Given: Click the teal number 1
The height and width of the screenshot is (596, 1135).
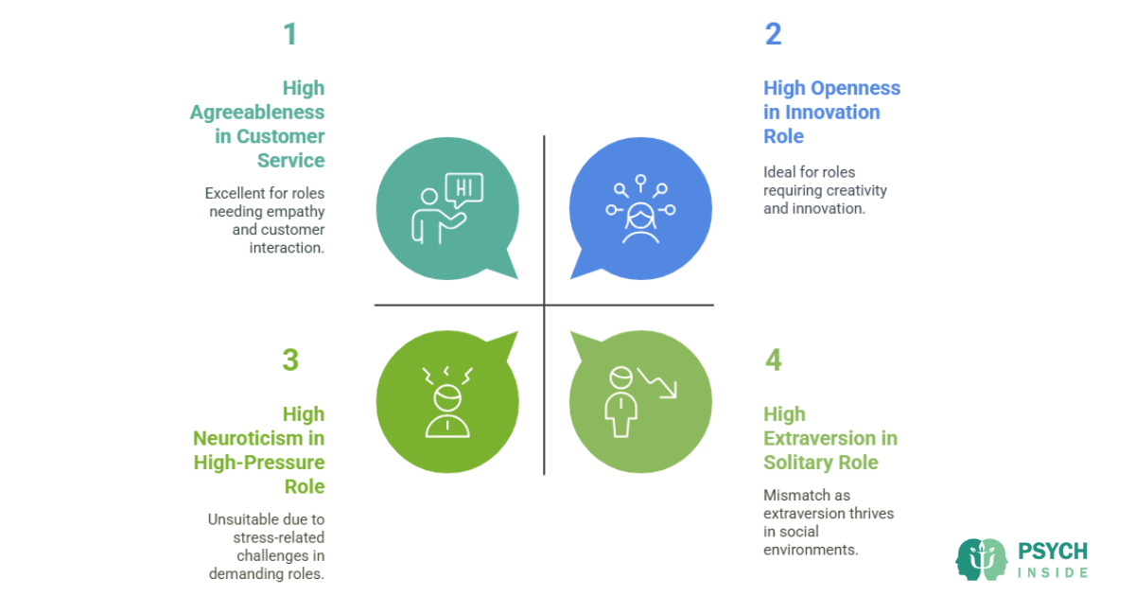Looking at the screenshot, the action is pyautogui.click(x=290, y=34).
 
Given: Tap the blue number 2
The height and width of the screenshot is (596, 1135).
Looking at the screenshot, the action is pyautogui.click(x=774, y=34).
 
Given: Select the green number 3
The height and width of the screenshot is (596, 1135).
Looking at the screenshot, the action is pyautogui.click(x=290, y=359).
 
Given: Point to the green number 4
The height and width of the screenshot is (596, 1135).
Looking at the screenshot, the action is pyautogui.click(x=774, y=359).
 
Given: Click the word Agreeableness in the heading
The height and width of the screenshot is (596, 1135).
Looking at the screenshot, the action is pyautogui.click(x=257, y=112).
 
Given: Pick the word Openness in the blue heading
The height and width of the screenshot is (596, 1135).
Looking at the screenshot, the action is pyautogui.click(x=855, y=88).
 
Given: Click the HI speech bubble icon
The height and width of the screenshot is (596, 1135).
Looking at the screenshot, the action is pyautogui.click(x=463, y=189).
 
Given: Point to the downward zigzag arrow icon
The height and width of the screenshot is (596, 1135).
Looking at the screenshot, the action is pyautogui.click(x=656, y=383).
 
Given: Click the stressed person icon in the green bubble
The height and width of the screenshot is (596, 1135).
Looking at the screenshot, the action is pyautogui.click(x=447, y=402).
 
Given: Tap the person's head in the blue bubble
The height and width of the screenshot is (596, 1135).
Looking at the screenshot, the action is pyautogui.click(x=640, y=216).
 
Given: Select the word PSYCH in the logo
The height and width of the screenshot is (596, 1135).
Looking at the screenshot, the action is pyautogui.click(x=1053, y=552).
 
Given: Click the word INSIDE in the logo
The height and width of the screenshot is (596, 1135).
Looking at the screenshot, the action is pyautogui.click(x=1053, y=572).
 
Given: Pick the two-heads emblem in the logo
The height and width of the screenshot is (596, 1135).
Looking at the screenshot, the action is pyautogui.click(x=982, y=559).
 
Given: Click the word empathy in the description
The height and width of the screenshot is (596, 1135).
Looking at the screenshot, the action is pyautogui.click(x=296, y=212).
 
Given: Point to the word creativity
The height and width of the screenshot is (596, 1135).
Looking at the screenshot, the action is pyautogui.click(x=856, y=190).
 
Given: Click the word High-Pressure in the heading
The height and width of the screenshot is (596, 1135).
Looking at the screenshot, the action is pyautogui.click(x=259, y=463).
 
